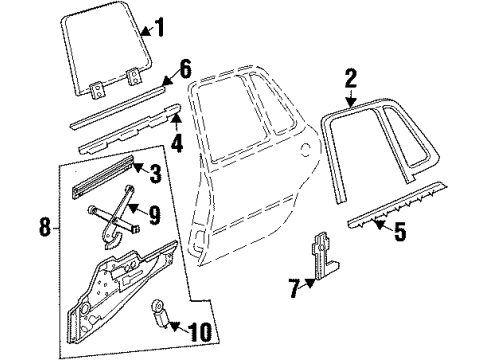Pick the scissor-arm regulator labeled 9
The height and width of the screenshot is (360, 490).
tap(118, 214)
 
